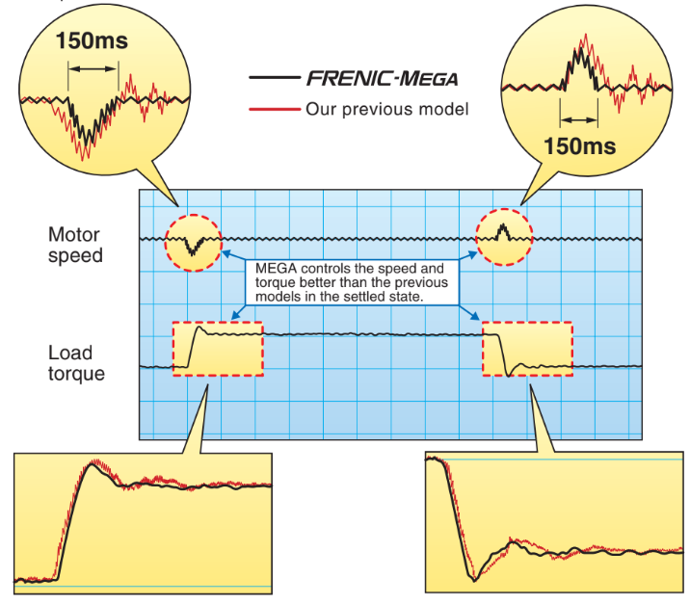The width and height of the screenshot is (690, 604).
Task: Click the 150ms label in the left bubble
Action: [92, 41]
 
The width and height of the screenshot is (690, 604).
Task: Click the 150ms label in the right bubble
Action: [579, 146]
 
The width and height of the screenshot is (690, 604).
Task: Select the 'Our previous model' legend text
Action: [387, 109]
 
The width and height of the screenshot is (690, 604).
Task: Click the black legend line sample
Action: [274, 78]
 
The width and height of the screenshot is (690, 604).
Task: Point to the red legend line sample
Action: [274, 109]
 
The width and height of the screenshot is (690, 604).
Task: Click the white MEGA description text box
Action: [354, 280]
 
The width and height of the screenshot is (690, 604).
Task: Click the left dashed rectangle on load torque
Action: [217, 349]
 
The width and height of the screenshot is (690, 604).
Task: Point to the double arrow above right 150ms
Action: [578, 120]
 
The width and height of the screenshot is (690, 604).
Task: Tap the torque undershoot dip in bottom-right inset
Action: [473, 577]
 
